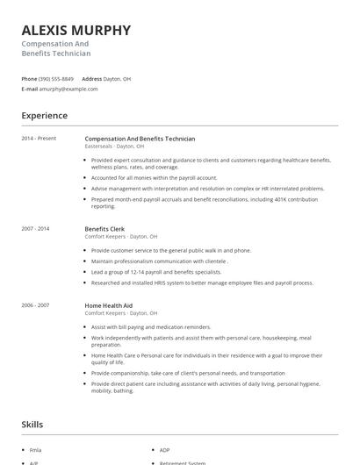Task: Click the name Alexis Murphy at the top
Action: click(76, 30)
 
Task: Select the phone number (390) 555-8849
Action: click(57, 78)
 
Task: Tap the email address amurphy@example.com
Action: click(68, 89)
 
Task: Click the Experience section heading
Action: click(44, 116)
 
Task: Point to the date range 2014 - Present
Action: click(39, 139)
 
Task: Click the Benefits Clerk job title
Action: click(104, 229)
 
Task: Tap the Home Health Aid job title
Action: click(110, 305)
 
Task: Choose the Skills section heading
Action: click(32, 425)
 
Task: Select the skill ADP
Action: click(165, 450)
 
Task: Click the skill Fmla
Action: click(36, 450)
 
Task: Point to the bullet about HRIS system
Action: click(202, 283)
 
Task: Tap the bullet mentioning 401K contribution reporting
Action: click(211, 203)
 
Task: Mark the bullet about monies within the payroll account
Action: click(154, 176)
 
